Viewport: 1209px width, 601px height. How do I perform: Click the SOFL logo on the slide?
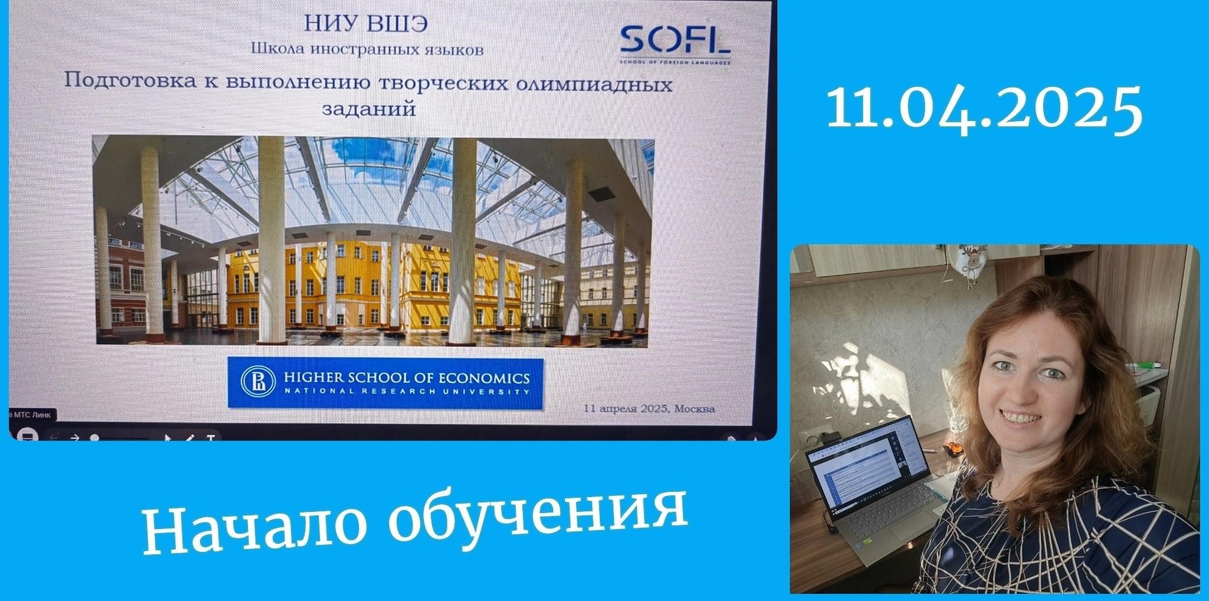click(x=674, y=43)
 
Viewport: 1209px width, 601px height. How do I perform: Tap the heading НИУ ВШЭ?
click(x=366, y=24)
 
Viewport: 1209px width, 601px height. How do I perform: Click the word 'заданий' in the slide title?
click(x=369, y=109)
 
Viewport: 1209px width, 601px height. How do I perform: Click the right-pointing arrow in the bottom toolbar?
click(x=75, y=437)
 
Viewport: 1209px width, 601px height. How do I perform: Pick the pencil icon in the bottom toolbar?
click(x=190, y=438)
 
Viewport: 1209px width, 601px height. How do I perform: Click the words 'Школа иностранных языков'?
click(x=367, y=49)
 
